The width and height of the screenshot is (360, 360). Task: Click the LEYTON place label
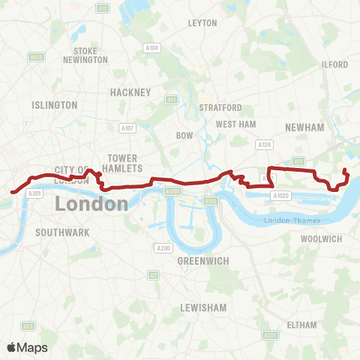[x=202, y=23]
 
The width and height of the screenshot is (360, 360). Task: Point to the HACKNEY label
[x=125, y=91]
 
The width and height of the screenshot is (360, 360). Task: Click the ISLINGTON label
[x=55, y=105]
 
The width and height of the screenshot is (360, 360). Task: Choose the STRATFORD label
[x=220, y=108]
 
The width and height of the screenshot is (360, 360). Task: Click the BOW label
[x=184, y=136]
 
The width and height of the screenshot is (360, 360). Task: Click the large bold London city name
[x=91, y=204]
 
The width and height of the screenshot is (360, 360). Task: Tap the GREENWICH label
[x=198, y=261]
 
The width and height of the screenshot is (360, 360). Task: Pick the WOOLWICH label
[x=321, y=238]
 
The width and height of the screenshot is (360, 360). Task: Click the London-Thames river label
[x=292, y=220]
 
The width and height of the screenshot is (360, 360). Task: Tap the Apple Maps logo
[x=27, y=347]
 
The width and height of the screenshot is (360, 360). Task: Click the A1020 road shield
[x=280, y=196]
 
